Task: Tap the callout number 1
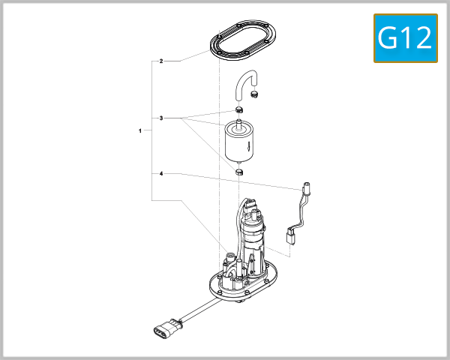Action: click(x=140, y=130)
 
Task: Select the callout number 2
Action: click(x=160, y=61)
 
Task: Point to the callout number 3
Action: click(x=160, y=118)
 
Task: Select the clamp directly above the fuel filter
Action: click(x=238, y=112)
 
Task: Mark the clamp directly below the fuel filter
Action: click(x=240, y=172)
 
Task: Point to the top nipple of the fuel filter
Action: click(x=239, y=122)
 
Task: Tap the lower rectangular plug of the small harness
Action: click(x=289, y=236)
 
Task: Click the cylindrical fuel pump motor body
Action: click(x=253, y=240)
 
